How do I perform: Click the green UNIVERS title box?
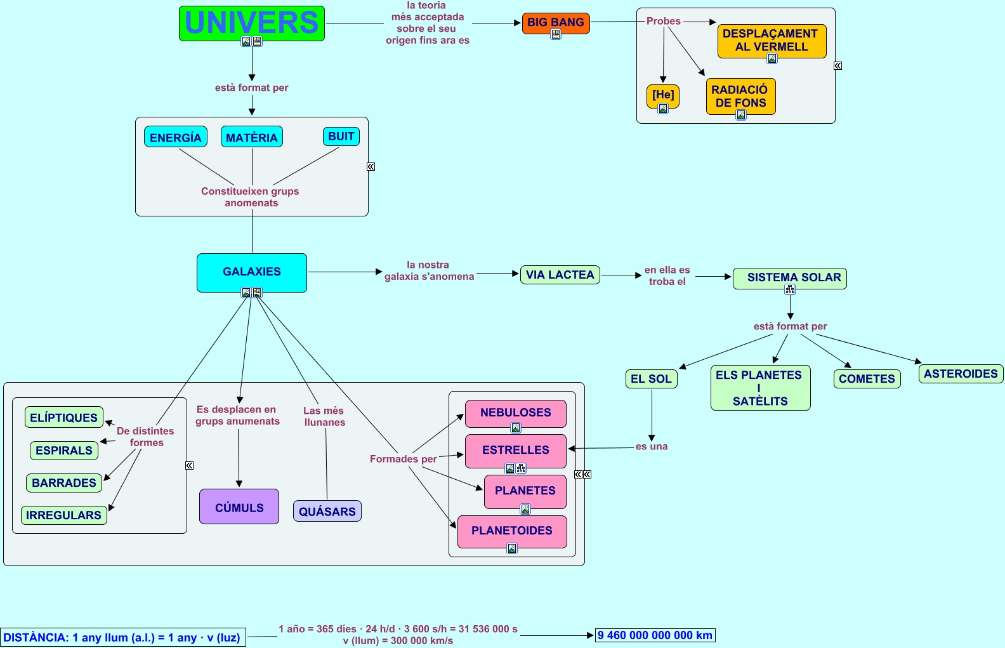pos(252,23)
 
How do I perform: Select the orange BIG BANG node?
pos(556,23)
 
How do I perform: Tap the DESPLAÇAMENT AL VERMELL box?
pos(772,41)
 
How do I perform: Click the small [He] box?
pos(663,95)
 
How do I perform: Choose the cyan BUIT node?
pos(341,136)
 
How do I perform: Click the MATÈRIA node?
pos(252,137)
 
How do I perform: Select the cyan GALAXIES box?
pos(252,272)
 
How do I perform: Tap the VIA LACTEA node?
pos(560,275)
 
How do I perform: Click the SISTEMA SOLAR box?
pos(790,278)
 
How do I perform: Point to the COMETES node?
pos(867,379)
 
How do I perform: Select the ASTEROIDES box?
pos(961,374)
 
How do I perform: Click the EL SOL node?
pos(651,379)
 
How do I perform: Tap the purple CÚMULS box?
pos(239,506)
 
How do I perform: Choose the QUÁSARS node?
pos(327,512)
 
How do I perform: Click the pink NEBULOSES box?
pos(516,413)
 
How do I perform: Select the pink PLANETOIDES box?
pos(512,531)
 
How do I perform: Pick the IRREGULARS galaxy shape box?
pos(64,515)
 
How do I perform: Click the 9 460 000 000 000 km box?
pos(655,635)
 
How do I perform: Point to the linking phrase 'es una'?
pos(652,447)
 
